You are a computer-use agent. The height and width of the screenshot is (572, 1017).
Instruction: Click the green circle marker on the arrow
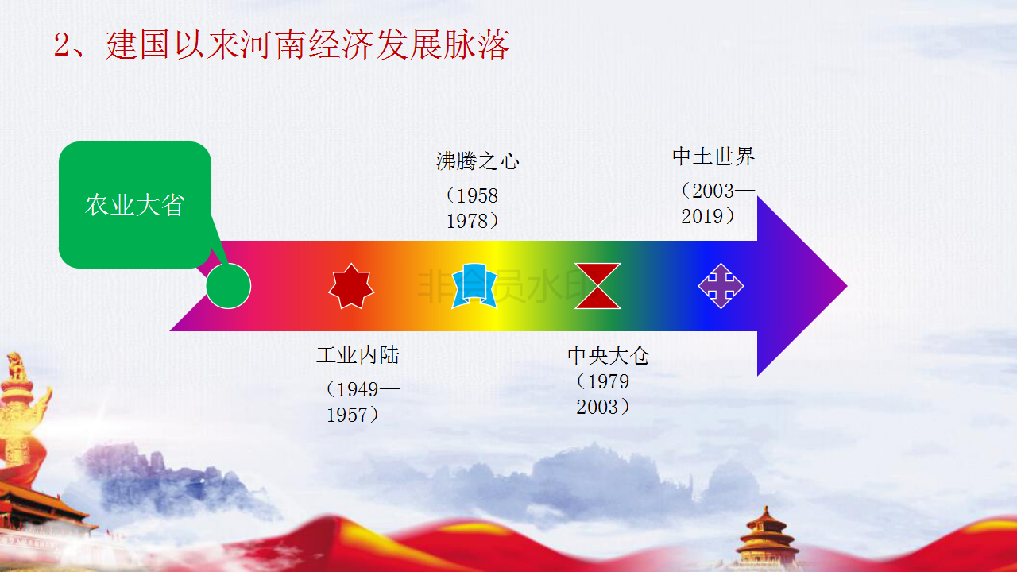click(228, 286)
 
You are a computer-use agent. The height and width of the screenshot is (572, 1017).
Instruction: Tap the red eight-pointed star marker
click(351, 286)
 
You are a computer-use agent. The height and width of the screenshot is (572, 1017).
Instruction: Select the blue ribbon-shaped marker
click(474, 286)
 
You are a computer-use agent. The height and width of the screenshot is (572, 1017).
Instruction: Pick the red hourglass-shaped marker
click(597, 286)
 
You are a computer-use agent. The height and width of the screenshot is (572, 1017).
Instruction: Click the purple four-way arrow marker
click(721, 286)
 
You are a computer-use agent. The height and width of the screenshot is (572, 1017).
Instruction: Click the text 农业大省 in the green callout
click(135, 205)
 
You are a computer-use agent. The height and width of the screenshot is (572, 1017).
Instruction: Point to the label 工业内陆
click(358, 355)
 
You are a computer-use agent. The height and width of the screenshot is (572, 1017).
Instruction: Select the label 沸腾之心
click(478, 161)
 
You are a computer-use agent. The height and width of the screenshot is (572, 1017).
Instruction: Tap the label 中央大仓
click(609, 355)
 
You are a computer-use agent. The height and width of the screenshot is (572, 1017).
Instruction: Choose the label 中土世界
click(713, 157)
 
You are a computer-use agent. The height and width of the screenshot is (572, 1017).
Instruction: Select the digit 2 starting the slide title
click(61, 45)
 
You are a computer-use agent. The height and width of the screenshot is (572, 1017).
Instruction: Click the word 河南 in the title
click(274, 44)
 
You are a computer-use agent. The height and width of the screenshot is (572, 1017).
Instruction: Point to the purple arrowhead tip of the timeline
click(847, 286)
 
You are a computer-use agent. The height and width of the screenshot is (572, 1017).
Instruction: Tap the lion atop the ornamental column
click(15, 367)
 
